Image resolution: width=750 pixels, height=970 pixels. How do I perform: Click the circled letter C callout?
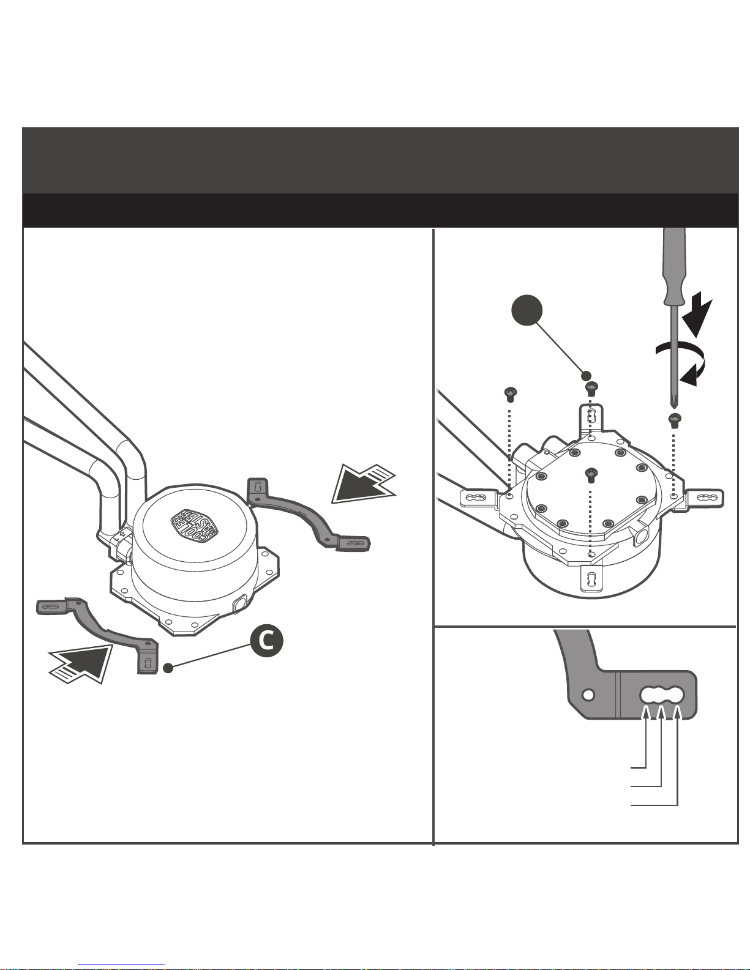point(266,640)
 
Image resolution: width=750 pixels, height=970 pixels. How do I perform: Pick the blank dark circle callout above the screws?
point(527,311)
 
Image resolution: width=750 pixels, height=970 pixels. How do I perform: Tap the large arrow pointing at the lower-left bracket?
point(81,662)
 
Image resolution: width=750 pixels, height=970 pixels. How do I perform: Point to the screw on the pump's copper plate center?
point(591,472)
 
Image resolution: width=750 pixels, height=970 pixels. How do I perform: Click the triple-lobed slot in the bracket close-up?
point(662,695)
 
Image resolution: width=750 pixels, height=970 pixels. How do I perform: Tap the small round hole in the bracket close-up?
point(588,695)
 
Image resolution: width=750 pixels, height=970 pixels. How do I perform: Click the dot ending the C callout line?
point(168,668)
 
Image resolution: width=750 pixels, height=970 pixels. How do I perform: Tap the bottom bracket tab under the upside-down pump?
point(591,578)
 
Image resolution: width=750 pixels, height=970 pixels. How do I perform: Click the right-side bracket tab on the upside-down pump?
point(704,498)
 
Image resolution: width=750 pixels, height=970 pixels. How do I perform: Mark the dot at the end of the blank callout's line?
point(586,376)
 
